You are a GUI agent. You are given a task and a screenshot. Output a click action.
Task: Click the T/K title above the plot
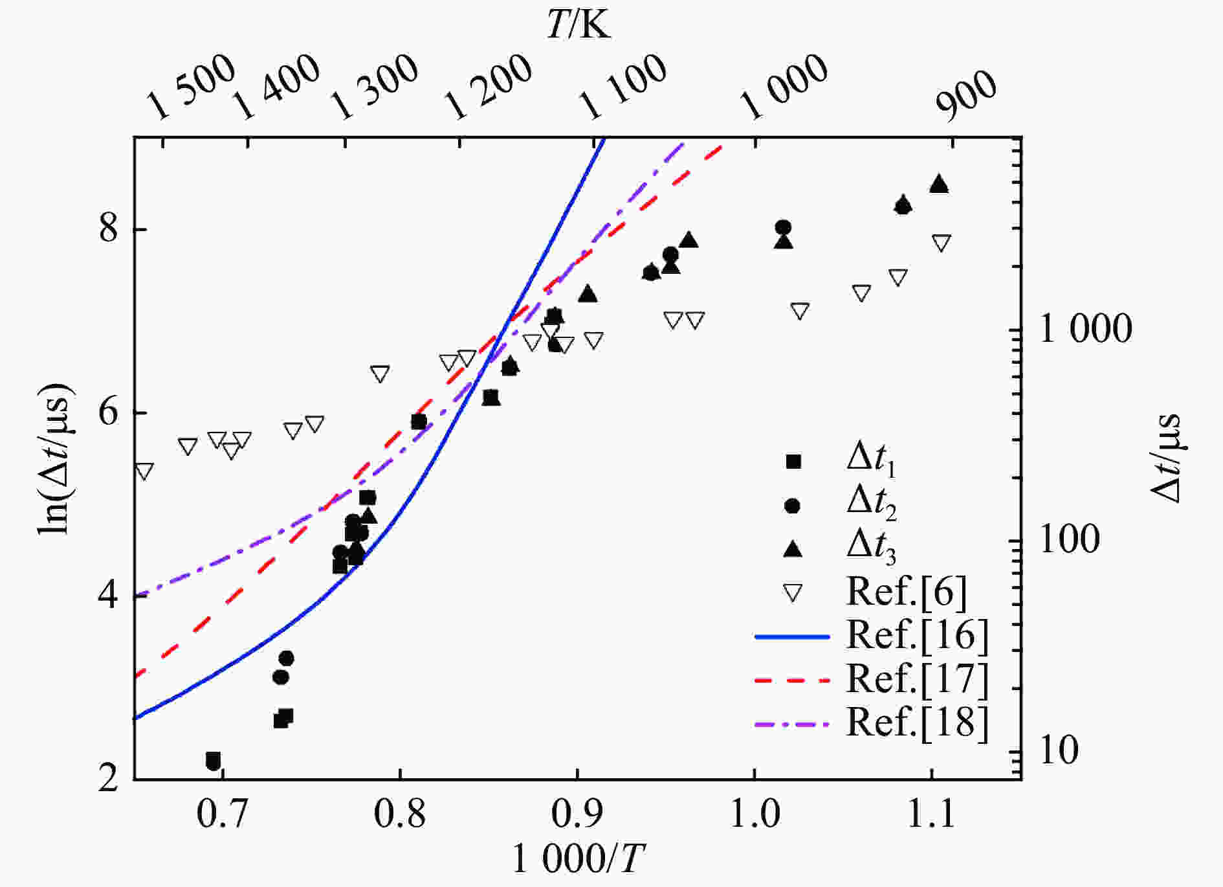point(578,27)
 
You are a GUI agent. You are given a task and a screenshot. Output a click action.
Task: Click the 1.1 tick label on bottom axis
point(931,815)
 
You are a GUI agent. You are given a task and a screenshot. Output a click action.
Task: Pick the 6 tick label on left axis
point(109,412)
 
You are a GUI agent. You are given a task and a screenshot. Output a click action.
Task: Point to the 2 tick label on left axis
point(109,779)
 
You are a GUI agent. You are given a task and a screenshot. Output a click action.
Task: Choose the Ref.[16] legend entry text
point(918,636)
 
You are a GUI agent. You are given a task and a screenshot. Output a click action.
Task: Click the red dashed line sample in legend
point(792,680)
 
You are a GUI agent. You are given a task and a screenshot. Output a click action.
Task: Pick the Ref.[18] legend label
point(918,723)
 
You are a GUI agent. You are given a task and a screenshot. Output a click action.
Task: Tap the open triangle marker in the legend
point(793,592)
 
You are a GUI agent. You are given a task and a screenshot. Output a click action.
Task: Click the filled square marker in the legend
point(793,462)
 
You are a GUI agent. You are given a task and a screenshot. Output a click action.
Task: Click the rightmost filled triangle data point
point(940,185)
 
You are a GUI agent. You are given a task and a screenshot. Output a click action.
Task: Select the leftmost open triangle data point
point(144,471)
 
